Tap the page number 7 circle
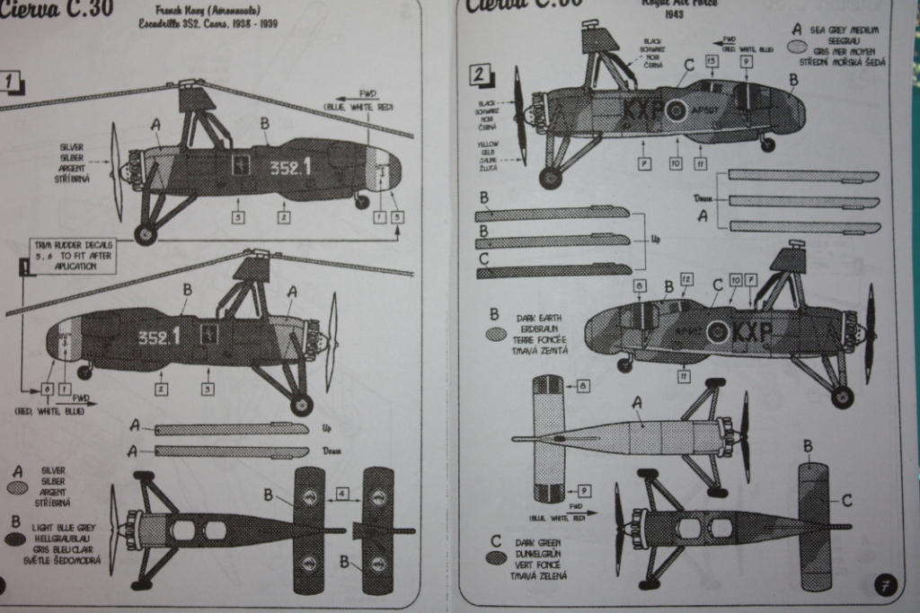884,587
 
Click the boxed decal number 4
342,493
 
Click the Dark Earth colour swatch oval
495,334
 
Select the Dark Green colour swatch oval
495,557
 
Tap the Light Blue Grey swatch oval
15,539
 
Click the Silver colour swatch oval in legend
16,487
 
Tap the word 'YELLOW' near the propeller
489,145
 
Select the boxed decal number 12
686,279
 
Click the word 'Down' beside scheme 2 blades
703,197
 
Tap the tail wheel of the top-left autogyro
361,202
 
